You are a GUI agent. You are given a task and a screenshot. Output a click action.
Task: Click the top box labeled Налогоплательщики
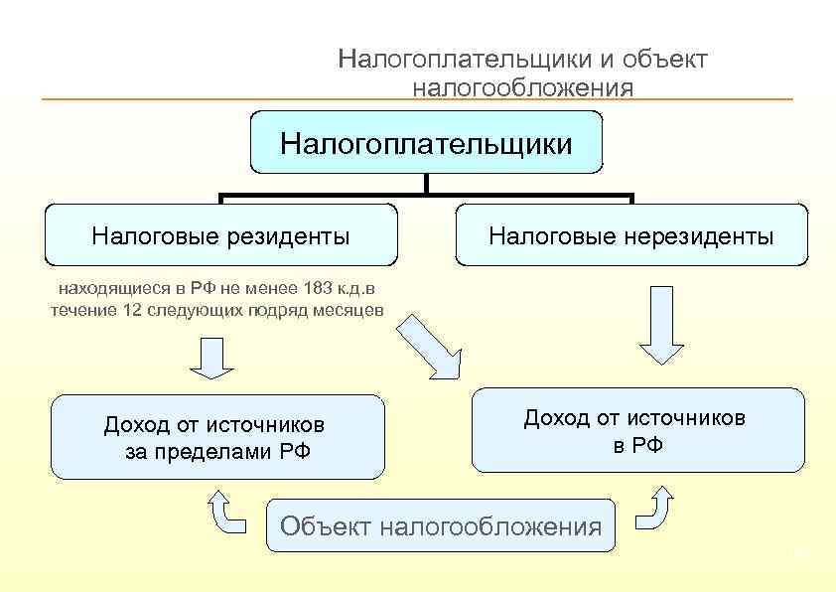tap(426, 143)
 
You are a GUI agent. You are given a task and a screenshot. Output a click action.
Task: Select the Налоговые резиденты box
tap(220, 235)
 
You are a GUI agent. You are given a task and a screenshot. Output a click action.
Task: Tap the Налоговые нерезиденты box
tap(631, 235)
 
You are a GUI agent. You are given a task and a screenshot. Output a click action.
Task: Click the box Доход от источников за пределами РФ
tap(217, 437)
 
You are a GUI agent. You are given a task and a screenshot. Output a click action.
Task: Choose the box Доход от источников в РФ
tap(636, 430)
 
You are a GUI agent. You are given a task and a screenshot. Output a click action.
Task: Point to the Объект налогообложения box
tap(441, 525)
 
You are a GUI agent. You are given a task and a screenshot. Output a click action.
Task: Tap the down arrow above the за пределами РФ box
tap(209, 358)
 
